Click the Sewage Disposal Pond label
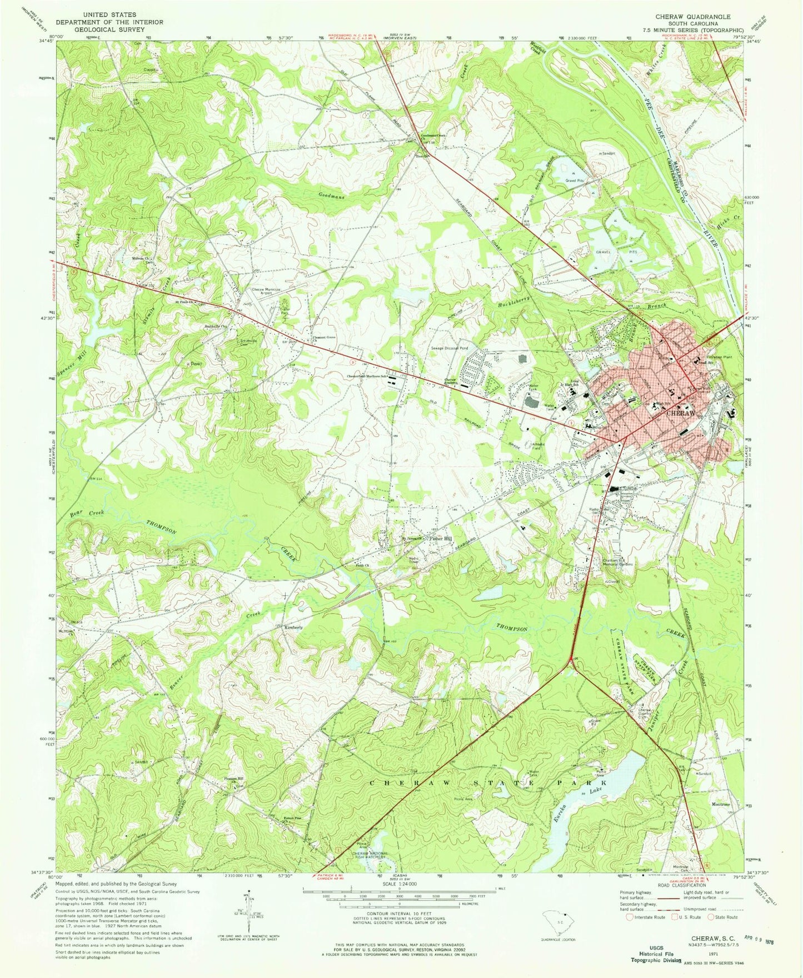click(x=450, y=348)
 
